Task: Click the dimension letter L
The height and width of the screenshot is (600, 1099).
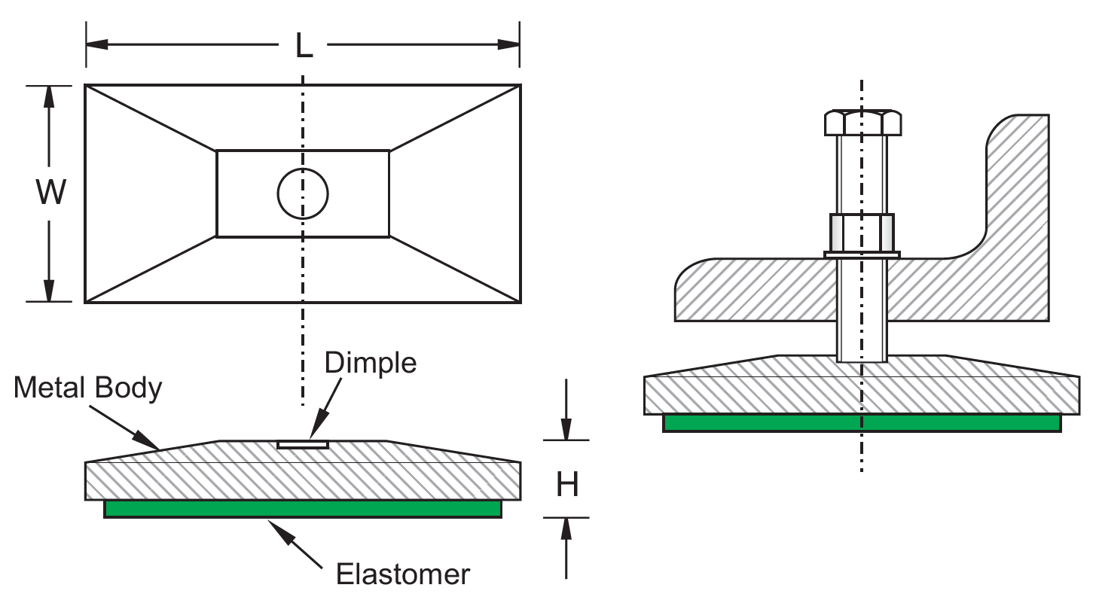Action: [x=303, y=46]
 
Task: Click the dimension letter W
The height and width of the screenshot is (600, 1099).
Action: [x=50, y=193]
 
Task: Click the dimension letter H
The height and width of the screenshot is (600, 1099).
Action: [x=567, y=486]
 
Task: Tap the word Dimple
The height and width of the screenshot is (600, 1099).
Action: [x=370, y=363]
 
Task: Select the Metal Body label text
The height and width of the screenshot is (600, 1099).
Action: [x=88, y=388]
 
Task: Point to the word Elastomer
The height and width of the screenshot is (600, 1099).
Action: [x=403, y=574]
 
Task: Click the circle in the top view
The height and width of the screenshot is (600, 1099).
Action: [x=303, y=193]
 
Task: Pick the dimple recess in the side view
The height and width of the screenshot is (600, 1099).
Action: [x=303, y=445]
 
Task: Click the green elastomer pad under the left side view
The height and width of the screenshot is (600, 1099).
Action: [x=303, y=509]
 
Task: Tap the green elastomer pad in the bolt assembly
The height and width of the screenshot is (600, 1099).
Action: [x=862, y=423]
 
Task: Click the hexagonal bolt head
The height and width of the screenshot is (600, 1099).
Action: [x=862, y=123]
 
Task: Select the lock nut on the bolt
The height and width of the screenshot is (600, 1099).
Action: [x=862, y=233]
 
